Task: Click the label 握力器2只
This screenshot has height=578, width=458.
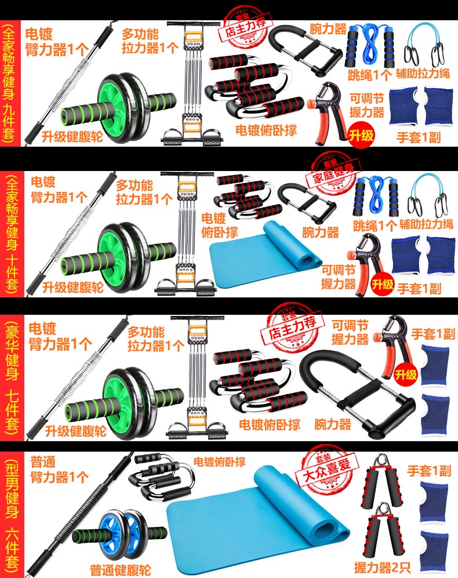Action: [383, 568]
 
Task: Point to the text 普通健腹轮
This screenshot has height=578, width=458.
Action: [121, 570]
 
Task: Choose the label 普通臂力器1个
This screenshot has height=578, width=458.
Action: [59, 470]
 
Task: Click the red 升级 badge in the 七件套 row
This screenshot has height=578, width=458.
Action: [406, 375]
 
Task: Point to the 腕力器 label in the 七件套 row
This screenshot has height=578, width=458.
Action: [333, 424]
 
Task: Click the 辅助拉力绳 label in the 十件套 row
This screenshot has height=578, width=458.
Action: [426, 224]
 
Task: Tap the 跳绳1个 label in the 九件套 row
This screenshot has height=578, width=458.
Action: [369, 75]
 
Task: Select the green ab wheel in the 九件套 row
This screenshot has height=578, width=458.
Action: [119, 108]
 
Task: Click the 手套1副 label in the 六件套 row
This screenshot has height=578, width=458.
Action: [429, 471]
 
